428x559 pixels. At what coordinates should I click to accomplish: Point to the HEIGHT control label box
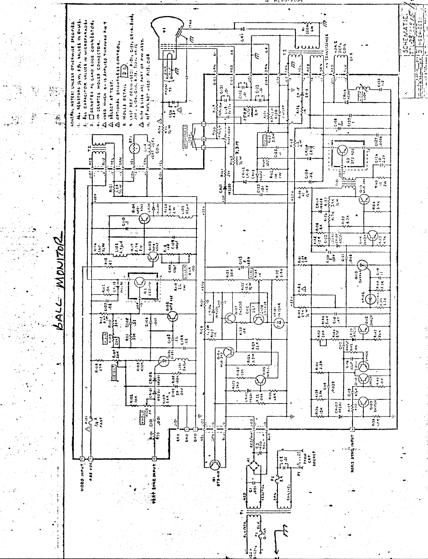[x=112, y=373]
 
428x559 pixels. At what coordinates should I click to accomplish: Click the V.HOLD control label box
[x=142, y=415]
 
